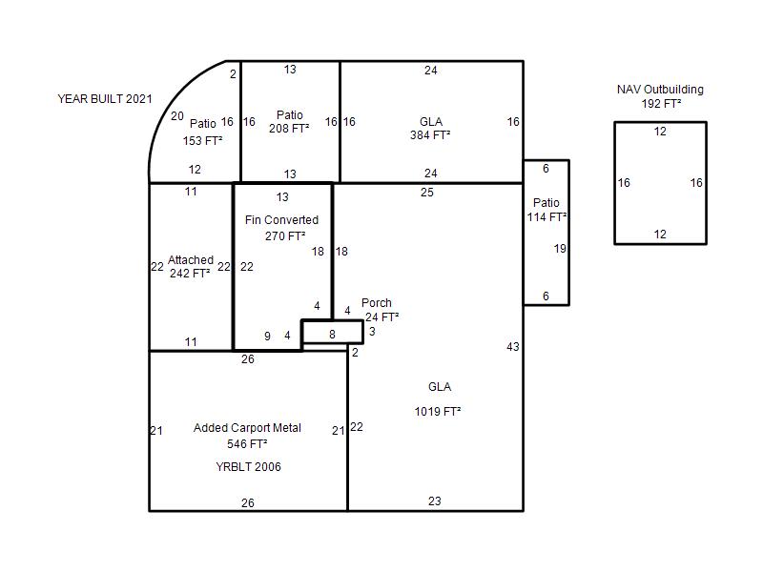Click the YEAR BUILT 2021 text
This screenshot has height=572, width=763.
click(x=105, y=99)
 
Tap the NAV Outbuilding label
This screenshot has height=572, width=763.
click(x=660, y=90)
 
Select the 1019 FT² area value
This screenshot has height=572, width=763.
click(x=438, y=412)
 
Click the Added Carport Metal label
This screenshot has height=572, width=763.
click(x=247, y=427)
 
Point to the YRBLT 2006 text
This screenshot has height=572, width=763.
click(x=248, y=467)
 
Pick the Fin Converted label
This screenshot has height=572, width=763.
click(x=281, y=220)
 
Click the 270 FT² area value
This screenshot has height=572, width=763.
click(x=285, y=235)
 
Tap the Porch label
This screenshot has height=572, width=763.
click(x=376, y=302)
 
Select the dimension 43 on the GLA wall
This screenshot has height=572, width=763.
click(x=513, y=347)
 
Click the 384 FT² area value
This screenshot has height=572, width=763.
click(x=430, y=134)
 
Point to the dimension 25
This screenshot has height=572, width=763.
click(x=426, y=193)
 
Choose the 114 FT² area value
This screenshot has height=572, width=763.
click(x=546, y=217)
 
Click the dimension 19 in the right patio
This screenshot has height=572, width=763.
click(x=560, y=249)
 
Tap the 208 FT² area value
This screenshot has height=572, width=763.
click(x=289, y=129)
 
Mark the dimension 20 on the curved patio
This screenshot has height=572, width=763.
click(x=177, y=116)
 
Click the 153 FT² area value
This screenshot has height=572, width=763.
click(x=202, y=140)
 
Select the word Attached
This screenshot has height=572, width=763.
click(x=191, y=259)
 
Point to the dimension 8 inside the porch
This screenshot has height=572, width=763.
click(x=332, y=335)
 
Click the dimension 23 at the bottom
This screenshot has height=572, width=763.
click(x=435, y=501)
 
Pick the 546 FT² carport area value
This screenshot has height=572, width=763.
click(x=247, y=444)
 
